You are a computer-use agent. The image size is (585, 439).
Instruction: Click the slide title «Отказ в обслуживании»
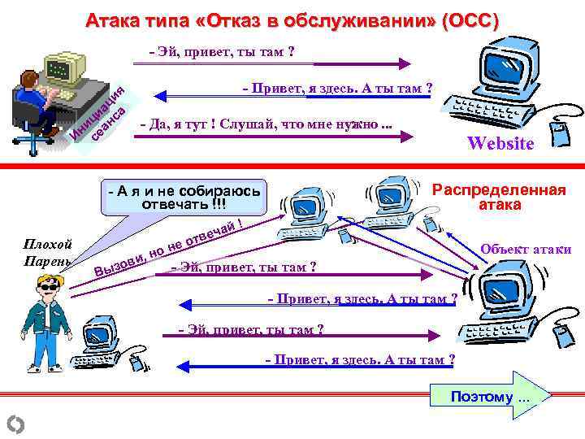[x=292, y=20]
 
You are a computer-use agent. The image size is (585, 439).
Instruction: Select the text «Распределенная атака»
[x=499, y=198]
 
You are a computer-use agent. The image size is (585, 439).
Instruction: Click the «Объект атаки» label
[x=526, y=250]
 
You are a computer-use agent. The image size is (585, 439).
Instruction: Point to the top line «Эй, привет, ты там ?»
[x=222, y=53]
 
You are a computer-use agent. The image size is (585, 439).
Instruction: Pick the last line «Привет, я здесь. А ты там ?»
[x=361, y=359]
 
